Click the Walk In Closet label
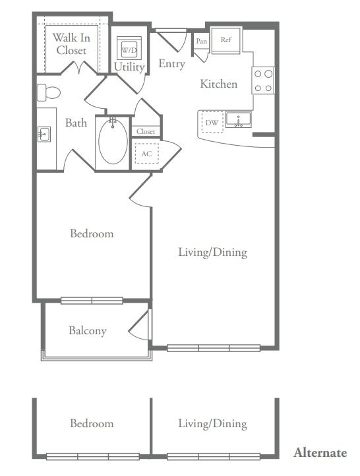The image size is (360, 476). coord(72,44)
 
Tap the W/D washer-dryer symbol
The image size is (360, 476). coord(129,49)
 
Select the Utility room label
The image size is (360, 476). coord(129,67)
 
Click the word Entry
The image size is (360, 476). coord(172,64)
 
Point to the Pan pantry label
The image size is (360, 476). coord(202,41)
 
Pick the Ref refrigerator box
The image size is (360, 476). coord(226,40)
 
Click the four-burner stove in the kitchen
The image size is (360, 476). coord(263,80)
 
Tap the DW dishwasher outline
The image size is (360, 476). coord(212,123)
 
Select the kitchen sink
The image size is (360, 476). coord(239,119)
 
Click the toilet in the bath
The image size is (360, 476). coord(49,92)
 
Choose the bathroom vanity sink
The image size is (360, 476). coord(44,134)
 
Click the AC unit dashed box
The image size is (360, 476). coord(146,154)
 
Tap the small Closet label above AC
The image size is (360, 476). coord(146,131)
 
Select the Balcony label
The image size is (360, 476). coord(88,331)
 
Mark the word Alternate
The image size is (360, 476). coord(320,453)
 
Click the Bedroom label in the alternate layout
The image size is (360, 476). coord(92,423)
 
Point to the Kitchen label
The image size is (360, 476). coord(219,84)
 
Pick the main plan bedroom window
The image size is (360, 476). coord(92,301)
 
